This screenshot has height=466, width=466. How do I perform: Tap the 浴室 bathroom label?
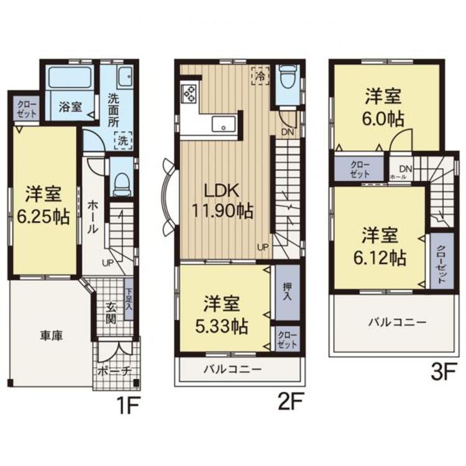coord(70,106)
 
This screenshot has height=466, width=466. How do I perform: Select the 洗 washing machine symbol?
coord(123,140)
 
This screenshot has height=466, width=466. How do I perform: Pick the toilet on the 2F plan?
coord(286,80)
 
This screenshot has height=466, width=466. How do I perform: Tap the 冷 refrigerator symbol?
coord(259,75)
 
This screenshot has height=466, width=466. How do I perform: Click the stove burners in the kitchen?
coord(189,94)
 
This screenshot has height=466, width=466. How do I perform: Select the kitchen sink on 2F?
coord(222,124)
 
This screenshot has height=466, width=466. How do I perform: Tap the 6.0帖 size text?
coord(383,119)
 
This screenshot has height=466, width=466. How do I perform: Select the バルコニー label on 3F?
coord(396,322)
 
